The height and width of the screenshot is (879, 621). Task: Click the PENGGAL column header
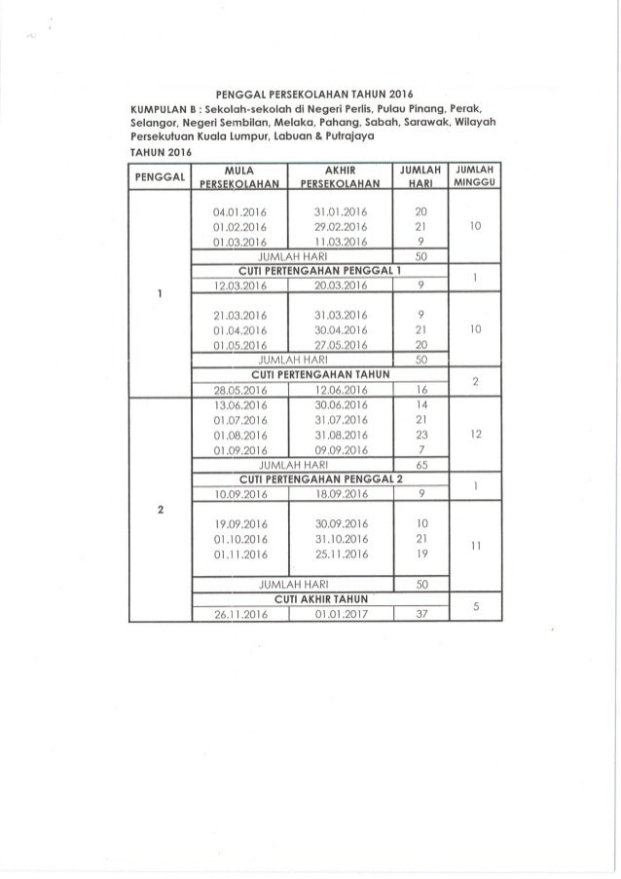(x=158, y=176)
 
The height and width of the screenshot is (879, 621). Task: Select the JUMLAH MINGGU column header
(x=471, y=176)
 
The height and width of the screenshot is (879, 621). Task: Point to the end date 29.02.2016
(x=338, y=225)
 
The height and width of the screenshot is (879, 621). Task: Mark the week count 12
(x=471, y=435)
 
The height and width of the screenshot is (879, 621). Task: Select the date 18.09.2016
(x=338, y=494)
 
